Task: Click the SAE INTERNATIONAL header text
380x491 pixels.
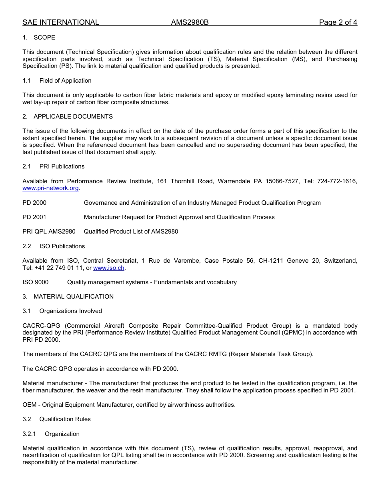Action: point(61,22)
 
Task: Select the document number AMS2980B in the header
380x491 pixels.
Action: point(190,22)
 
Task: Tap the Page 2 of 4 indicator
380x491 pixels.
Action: point(338,22)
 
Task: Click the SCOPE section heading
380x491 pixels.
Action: point(44,38)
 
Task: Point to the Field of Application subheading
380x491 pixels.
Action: point(65,81)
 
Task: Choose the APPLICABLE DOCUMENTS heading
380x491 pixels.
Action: point(73,117)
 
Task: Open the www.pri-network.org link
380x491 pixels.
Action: point(50,188)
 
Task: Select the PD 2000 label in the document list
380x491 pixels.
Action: point(34,203)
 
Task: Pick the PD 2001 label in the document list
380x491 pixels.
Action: point(34,217)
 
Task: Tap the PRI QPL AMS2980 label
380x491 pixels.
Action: point(49,232)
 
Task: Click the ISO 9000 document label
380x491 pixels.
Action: point(36,282)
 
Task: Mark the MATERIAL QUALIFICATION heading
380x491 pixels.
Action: point(74,297)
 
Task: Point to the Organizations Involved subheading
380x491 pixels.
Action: point(70,311)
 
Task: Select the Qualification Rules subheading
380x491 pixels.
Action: point(65,419)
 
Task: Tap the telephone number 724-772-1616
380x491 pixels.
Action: point(337,181)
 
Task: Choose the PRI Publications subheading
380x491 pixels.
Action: point(62,166)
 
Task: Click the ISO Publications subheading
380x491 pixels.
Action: point(62,246)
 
